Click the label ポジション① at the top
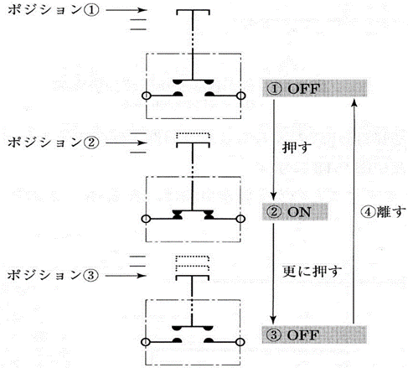click(53, 10)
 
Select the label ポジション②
click(53, 143)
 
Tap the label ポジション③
click(53, 275)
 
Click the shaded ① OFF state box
click(314, 88)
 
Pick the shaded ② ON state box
click(295, 212)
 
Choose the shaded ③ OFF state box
click(314, 334)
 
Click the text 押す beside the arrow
click(297, 147)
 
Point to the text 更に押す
click(312, 271)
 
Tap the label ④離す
click(383, 212)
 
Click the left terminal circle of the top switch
click(146, 96)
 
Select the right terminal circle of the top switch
click(240, 96)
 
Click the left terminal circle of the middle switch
click(146, 219)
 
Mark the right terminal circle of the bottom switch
click(240, 342)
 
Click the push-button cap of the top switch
click(193, 11)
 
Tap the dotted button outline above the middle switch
click(193, 135)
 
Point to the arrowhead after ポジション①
click(142, 10)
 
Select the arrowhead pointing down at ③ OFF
click(273, 319)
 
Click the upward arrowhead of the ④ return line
click(354, 103)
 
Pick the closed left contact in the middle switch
click(178, 215)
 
